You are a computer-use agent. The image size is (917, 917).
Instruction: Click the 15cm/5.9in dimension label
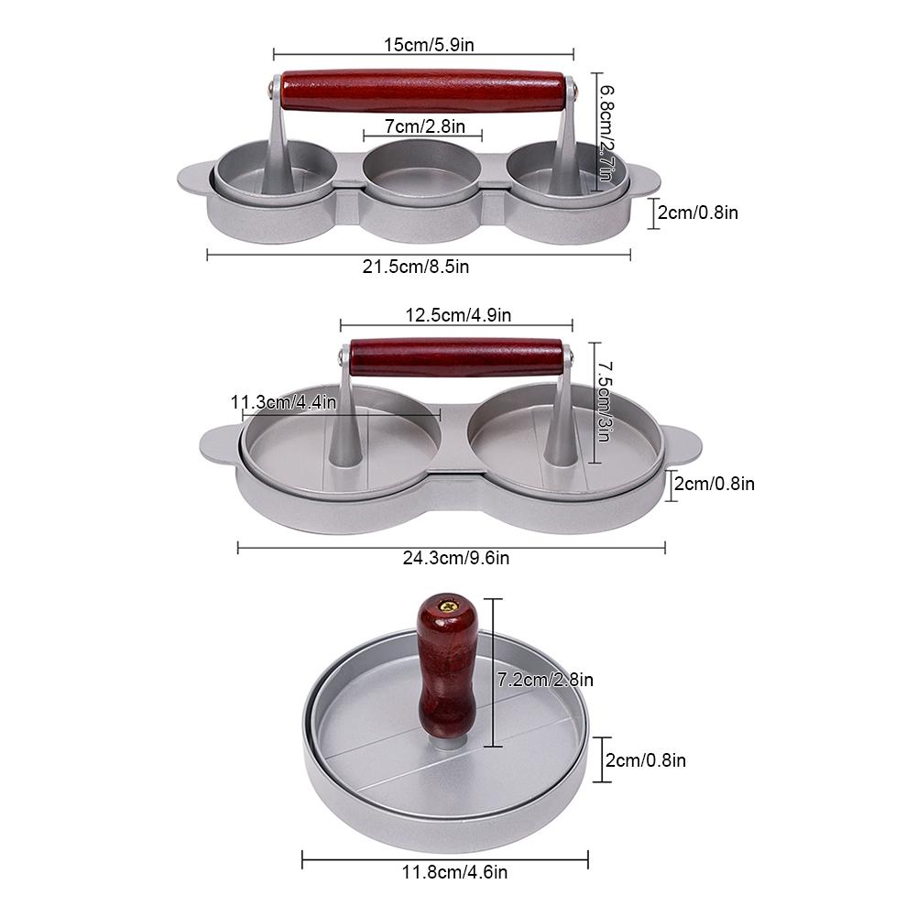(422, 42)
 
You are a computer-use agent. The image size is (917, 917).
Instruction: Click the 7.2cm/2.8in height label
(545, 680)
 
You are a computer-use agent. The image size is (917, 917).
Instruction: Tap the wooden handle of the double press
(456, 356)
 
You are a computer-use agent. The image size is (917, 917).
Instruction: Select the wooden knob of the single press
(445, 669)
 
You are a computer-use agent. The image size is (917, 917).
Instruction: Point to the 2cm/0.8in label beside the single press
(646, 759)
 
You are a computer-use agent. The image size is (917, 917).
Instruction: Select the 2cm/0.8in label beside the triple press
(698, 213)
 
